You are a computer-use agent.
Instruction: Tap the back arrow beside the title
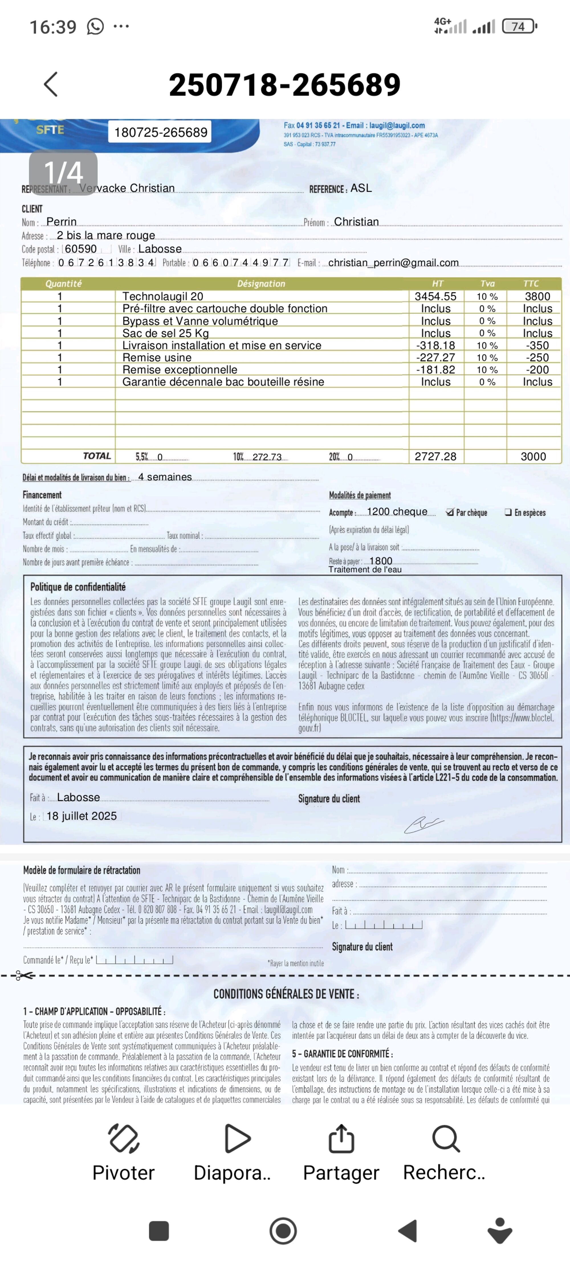point(51,84)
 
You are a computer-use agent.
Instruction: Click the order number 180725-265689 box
point(160,132)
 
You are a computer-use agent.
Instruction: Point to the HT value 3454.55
point(435,296)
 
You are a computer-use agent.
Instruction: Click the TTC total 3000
point(533,456)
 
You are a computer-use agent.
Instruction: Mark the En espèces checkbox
point(508,512)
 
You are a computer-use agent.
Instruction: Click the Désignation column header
point(261,284)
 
